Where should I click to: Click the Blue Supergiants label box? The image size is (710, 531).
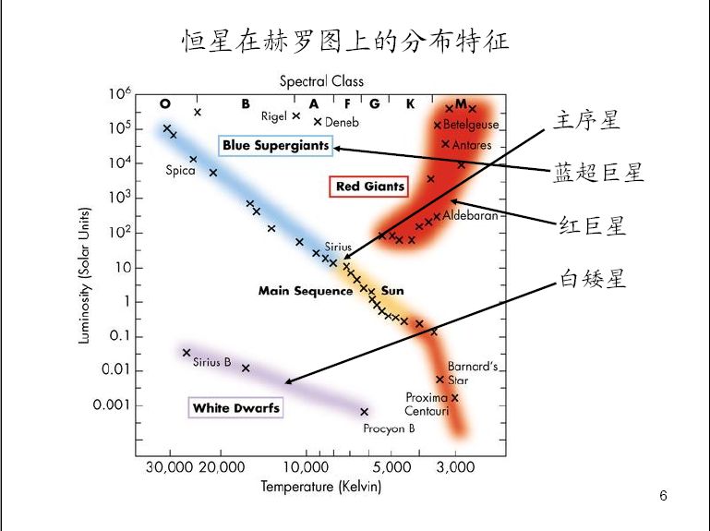[276, 146]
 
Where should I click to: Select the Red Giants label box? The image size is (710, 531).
[369, 187]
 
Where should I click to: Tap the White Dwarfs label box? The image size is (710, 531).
[235, 407]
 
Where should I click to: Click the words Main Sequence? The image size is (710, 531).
[306, 291]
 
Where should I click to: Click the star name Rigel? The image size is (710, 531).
[274, 116]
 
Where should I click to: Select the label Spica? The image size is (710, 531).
[180, 170]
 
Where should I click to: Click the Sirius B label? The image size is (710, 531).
[211, 362]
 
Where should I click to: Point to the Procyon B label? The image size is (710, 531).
[389, 428]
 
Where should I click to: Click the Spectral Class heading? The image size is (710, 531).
[321, 81]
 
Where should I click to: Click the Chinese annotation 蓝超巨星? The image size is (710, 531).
[598, 172]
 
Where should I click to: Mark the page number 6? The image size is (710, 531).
[663, 496]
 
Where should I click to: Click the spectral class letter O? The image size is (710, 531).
[165, 103]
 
